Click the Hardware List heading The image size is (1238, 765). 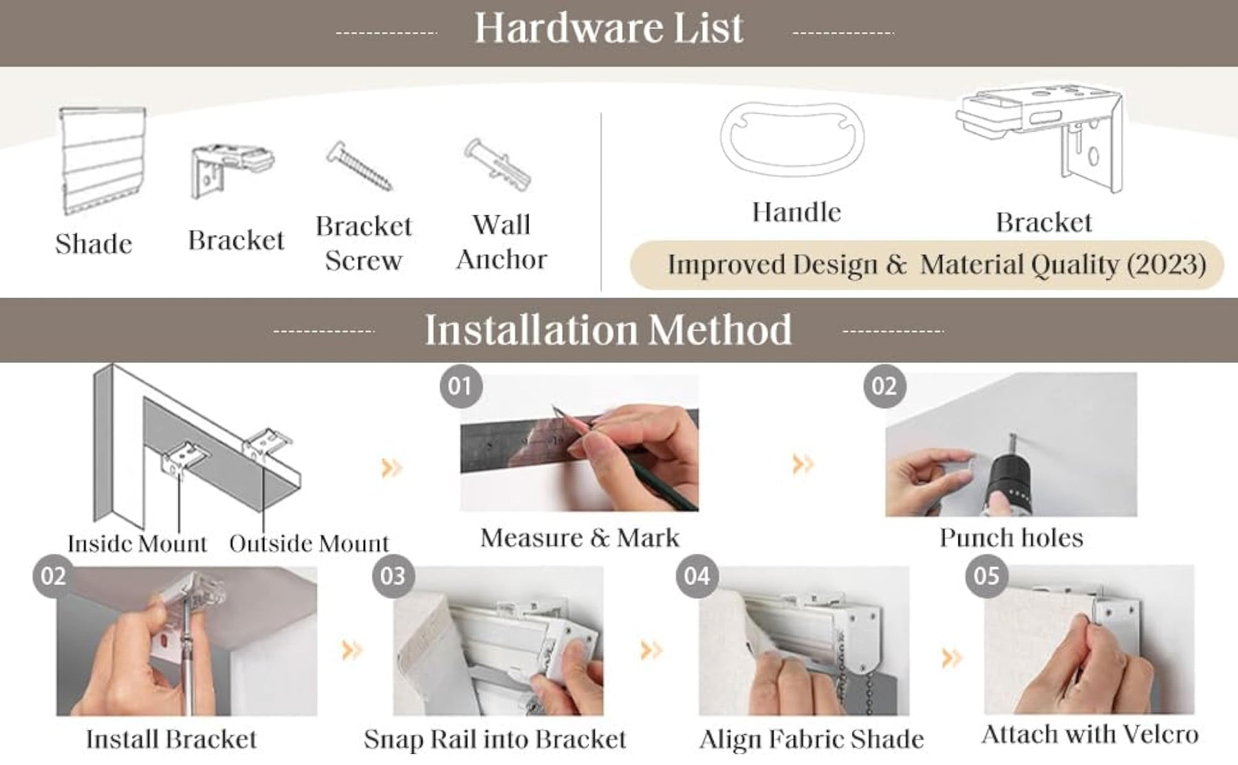click(609, 28)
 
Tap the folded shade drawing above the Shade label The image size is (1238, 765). click(103, 160)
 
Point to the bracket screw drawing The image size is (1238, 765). click(359, 166)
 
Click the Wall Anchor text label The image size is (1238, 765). click(501, 242)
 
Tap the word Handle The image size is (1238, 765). click(796, 212)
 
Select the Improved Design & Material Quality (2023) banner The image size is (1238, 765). click(927, 265)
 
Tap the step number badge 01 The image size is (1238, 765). click(460, 386)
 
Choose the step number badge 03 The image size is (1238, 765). click(393, 576)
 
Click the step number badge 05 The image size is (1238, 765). click(986, 575)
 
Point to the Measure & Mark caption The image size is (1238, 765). click(580, 537)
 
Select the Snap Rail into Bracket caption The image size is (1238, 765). click(495, 740)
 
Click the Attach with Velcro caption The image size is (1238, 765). click(1089, 735)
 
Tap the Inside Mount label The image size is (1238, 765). click(137, 544)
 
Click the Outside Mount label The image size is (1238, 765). click(309, 544)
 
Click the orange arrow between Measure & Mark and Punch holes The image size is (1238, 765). click(803, 464)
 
